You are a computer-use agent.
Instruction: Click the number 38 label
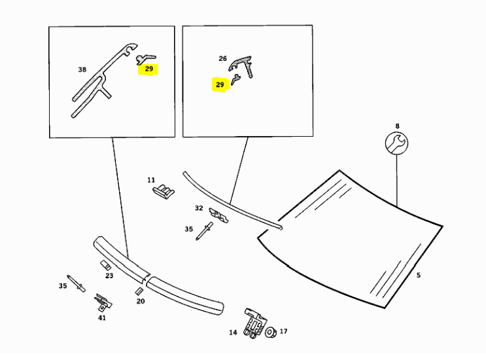(82, 69)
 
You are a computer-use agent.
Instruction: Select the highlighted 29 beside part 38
(149, 68)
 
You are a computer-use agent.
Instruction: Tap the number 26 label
(222, 58)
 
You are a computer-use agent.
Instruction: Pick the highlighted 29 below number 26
(220, 84)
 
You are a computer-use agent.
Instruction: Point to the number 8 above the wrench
(396, 125)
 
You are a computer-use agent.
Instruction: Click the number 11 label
(151, 179)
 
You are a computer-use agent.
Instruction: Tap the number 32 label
(198, 208)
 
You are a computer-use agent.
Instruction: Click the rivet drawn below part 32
(204, 231)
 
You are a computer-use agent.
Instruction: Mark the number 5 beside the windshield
(419, 276)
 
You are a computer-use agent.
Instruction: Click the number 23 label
(109, 276)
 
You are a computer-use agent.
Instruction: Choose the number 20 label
(141, 301)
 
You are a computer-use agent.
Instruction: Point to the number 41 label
(101, 317)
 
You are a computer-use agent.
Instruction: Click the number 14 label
(233, 333)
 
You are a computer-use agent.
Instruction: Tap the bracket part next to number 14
(254, 323)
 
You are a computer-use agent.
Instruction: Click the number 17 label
(283, 332)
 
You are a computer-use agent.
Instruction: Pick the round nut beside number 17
(269, 332)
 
